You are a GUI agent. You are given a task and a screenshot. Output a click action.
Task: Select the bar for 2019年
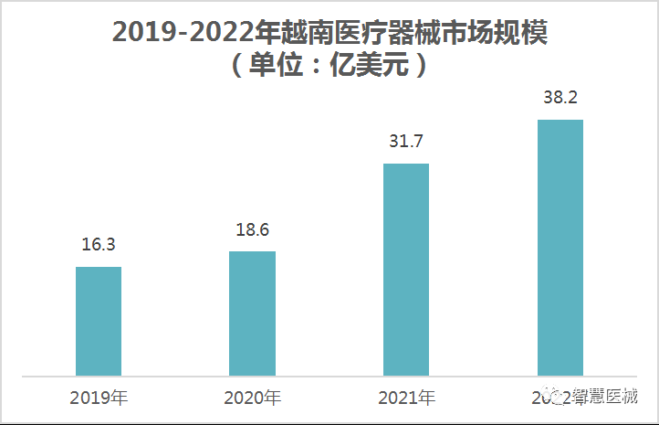[x=99, y=321]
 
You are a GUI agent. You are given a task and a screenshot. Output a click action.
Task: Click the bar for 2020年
[x=252, y=313]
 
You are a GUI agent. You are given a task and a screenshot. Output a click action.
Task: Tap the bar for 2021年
[x=406, y=270]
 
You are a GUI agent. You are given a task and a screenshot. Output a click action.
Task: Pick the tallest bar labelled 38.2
[x=560, y=247]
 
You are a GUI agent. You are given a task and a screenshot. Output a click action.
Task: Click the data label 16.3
[x=98, y=245]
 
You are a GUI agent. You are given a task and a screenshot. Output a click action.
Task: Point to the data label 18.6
[x=252, y=229]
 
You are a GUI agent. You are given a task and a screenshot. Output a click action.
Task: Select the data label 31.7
[x=406, y=142]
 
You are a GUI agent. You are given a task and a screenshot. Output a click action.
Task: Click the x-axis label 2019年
[x=99, y=398]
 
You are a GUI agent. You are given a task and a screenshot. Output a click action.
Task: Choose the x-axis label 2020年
[x=253, y=398]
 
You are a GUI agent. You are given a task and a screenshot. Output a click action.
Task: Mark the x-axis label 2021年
[x=406, y=398]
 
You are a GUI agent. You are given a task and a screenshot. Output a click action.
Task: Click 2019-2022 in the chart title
[x=183, y=33]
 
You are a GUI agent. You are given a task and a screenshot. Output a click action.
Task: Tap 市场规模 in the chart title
[x=506, y=33]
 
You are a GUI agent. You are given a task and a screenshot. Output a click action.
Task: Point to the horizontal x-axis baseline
[x=329, y=376]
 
